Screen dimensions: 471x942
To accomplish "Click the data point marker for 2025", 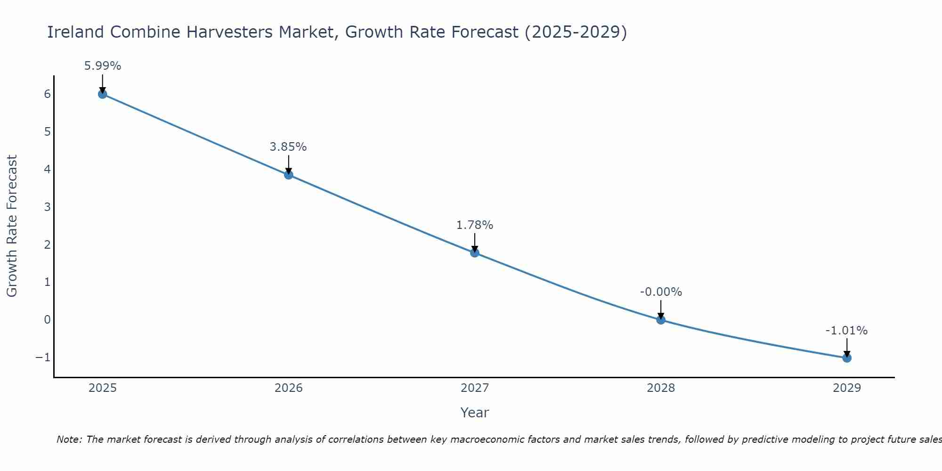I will (x=103, y=94).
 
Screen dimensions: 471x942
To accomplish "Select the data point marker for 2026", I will (x=289, y=175).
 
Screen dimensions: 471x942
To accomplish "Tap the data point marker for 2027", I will (x=475, y=253).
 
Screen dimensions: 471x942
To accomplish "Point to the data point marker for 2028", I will (x=661, y=320).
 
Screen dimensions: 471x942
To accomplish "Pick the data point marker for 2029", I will (x=847, y=358).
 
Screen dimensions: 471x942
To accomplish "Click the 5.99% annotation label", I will (x=103, y=66).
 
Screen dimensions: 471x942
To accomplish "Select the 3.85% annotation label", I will (x=288, y=147).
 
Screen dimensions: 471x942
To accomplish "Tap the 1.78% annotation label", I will (x=475, y=225).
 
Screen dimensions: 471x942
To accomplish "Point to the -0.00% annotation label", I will (x=661, y=292).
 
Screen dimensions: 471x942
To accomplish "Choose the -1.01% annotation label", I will (x=846, y=331).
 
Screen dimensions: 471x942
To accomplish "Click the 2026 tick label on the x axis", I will (x=289, y=388).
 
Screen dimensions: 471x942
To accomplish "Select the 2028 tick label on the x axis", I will (x=661, y=388).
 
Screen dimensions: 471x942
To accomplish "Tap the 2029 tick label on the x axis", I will (x=847, y=388).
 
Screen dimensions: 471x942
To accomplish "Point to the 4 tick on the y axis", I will (x=48, y=169).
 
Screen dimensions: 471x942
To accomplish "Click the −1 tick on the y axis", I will (x=43, y=357).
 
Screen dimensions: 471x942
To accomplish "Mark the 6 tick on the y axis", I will (x=48, y=94).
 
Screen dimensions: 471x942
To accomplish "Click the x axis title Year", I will (x=475, y=413).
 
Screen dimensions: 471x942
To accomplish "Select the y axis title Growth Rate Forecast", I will (x=12, y=226).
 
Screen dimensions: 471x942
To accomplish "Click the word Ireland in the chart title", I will (x=75, y=32).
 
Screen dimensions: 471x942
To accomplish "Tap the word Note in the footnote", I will (x=69, y=439).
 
